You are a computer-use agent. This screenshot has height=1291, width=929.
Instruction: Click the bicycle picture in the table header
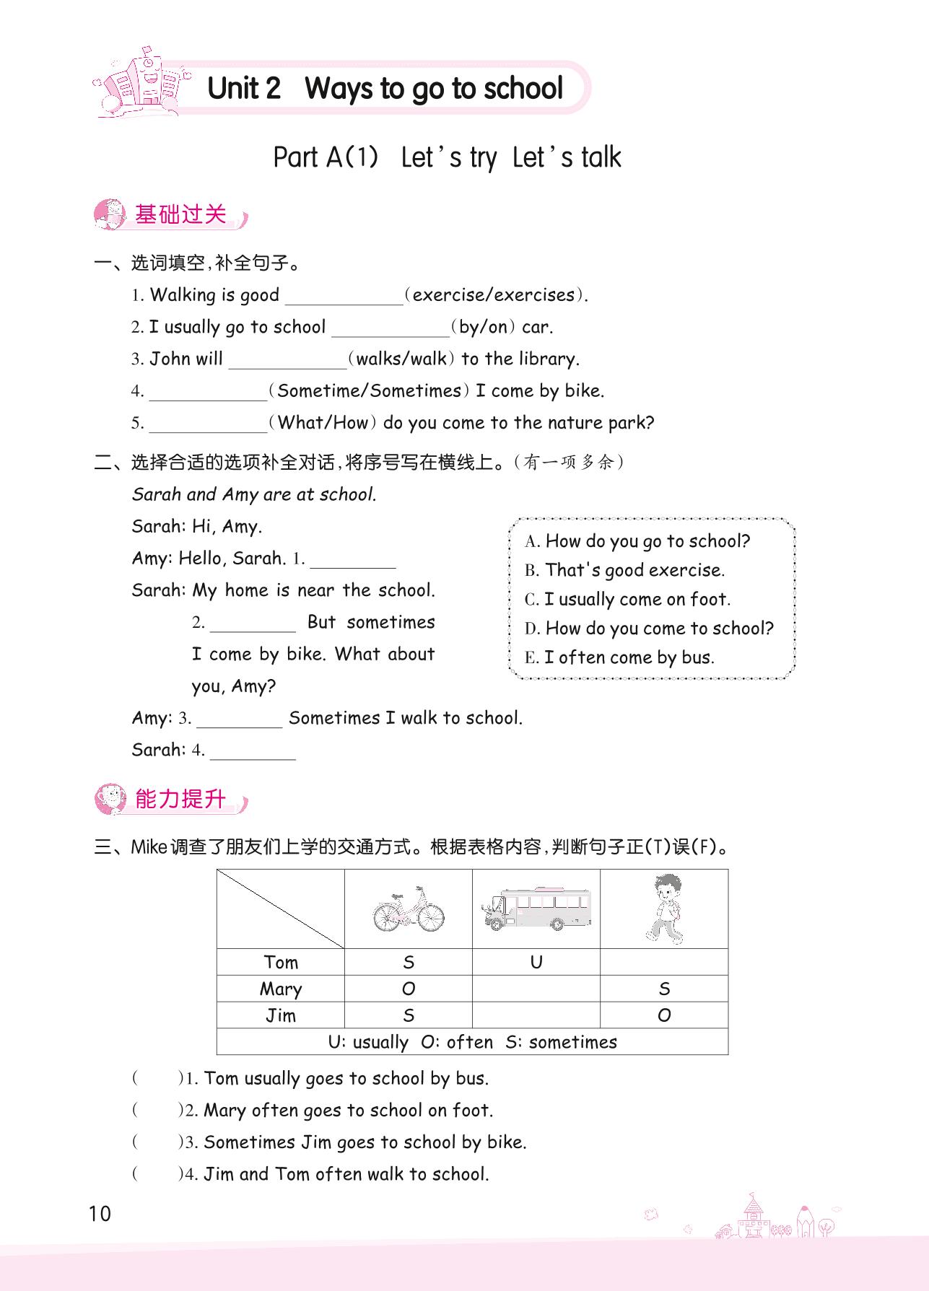(x=409, y=909)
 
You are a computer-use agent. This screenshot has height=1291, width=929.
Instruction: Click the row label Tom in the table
(x=281, y=962)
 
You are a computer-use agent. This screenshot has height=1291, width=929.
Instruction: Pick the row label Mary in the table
(x=281, y=989)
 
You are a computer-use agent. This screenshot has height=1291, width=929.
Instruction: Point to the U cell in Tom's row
(x=536, y=962)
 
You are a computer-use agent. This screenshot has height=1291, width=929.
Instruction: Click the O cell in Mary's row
(x=409, y=989)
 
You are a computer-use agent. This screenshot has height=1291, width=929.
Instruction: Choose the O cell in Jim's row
(x=664, y=1015)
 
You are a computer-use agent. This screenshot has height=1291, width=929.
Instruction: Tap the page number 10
(x=100, y=1214)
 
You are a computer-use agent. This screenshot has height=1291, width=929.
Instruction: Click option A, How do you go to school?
(x=638, y=541)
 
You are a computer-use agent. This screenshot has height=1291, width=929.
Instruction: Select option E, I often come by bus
(x=619, y=657)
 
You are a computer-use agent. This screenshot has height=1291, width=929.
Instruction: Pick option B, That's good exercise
(x=625, y=570)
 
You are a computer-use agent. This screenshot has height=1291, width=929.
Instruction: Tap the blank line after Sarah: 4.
(x=253, y=752)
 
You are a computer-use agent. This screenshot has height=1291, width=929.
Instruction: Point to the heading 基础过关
(x=180, y=214)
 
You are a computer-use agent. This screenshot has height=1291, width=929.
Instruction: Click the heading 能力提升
(x=180, y=799)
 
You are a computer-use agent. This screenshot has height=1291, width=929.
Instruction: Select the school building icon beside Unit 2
(x=141, y=84)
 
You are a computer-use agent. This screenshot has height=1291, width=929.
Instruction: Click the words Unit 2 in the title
(x=243, y=89)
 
